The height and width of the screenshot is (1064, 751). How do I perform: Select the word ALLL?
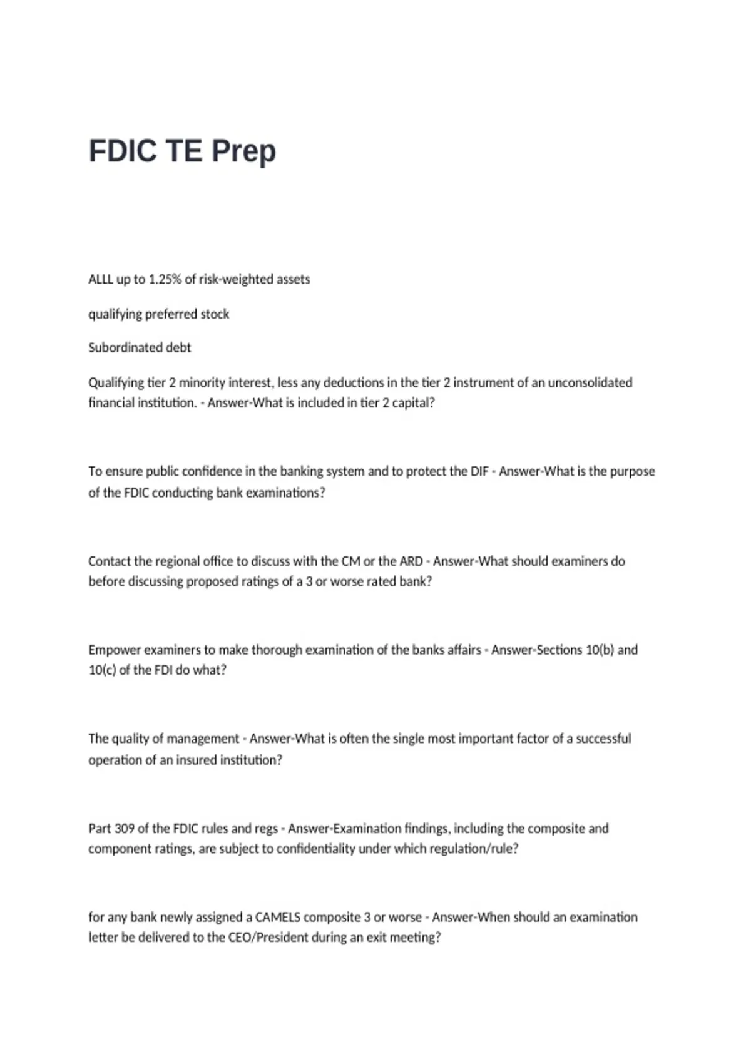pyautogui.click(x=100, y=279)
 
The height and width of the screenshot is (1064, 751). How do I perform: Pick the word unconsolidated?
pyautogui.click(x=590, y=382)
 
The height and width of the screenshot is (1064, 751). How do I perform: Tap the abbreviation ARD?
pyautogui.click(x=411, y=561)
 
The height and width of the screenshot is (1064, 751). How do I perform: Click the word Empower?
pyautogui.click(x=115, y=650)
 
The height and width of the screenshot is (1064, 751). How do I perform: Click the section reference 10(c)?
pyautogui.click(x=102, y=670)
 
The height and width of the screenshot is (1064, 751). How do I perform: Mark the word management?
pyautogui.click(x=203, y=739)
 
